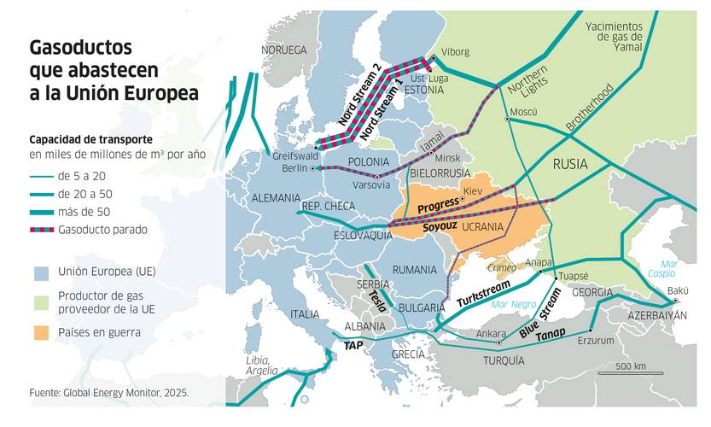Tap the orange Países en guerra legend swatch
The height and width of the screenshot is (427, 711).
(42, 331)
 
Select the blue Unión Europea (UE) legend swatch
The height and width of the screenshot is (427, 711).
(42, 272)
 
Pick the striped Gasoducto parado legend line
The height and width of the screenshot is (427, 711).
(40, 230)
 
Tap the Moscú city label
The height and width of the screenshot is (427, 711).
(522, 113)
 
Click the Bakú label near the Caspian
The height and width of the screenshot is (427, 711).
(678, 291)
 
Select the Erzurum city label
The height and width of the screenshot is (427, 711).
(596, 341)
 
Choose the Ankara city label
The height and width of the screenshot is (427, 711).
(490, 334)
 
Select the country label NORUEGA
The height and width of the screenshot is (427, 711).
(283, 50)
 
